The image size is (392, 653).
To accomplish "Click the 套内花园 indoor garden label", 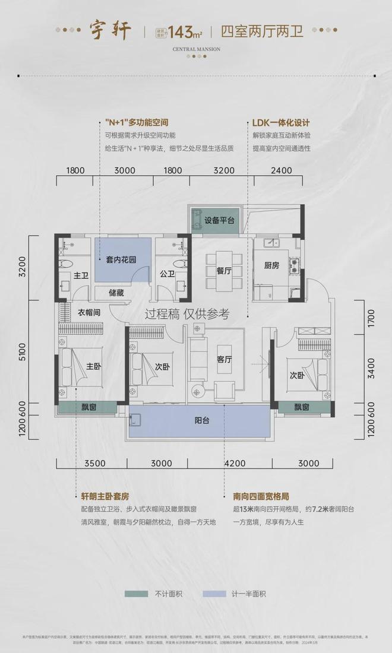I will pos(121,259).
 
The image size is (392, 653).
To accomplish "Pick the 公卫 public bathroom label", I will pos(167,274).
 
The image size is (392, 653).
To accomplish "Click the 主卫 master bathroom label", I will pos(81,276).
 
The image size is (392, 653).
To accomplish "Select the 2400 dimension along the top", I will pos(282,170).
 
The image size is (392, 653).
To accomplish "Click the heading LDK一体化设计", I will pos(281,123).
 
